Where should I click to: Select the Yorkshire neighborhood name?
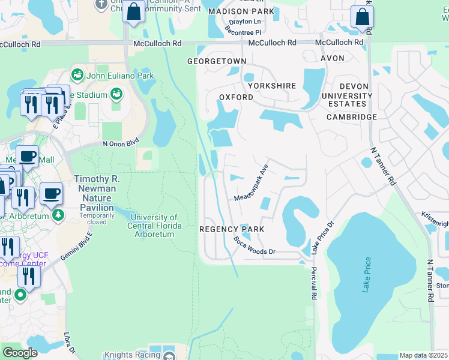(272, 86)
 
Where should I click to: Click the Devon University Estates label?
(346, 95)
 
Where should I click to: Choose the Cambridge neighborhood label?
(352, 117)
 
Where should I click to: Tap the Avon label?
(333, 58)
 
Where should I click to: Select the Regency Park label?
(232, 229)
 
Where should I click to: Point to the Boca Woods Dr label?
(254, 246)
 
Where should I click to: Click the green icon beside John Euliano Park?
(77, 75)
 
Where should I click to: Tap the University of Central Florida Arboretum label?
(154, 226)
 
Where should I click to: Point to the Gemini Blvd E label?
(76, 245)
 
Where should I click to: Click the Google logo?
(20, 352)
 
